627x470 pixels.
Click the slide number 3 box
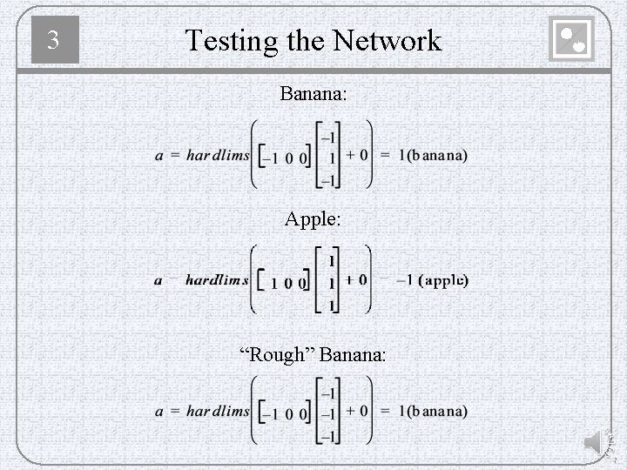pos(55,40)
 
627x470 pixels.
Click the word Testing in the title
pos(229,40)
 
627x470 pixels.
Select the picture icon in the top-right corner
pos(572,39)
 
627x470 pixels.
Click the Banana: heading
pos(313,92)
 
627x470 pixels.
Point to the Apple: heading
pos(313,219)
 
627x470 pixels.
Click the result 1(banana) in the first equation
pos(433,156)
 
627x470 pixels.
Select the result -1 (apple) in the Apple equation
pos(433,280)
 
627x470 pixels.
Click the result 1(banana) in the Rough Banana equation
pos(433,410)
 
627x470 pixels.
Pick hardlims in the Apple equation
pos(217,280)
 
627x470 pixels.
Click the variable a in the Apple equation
pos(158,280)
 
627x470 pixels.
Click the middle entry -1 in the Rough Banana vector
pos(328,413)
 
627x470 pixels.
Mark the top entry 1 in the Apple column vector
pos(331,260)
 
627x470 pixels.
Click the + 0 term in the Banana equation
pos(357,156)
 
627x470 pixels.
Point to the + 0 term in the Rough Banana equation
pos(357,410)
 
